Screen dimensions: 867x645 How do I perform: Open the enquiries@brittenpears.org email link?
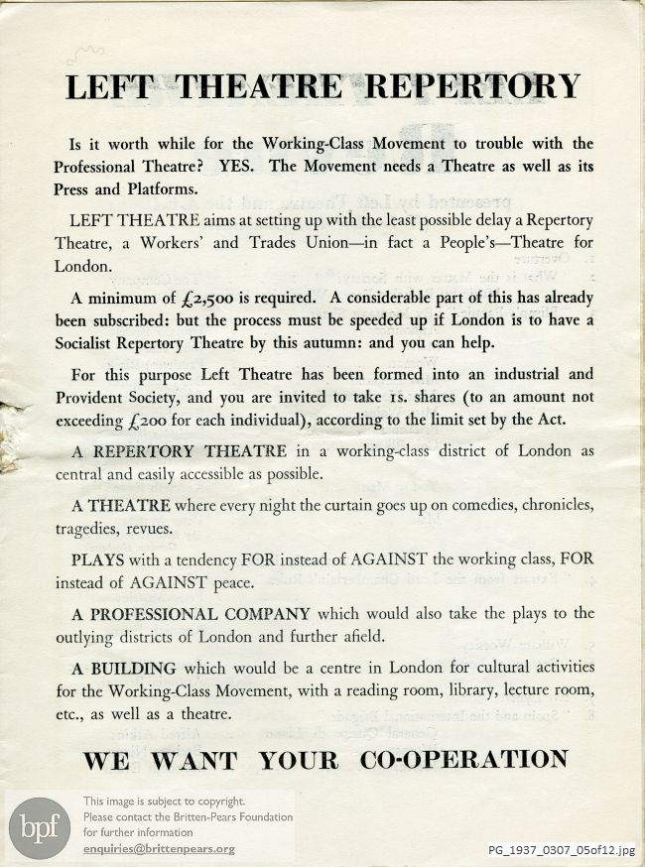159,849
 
